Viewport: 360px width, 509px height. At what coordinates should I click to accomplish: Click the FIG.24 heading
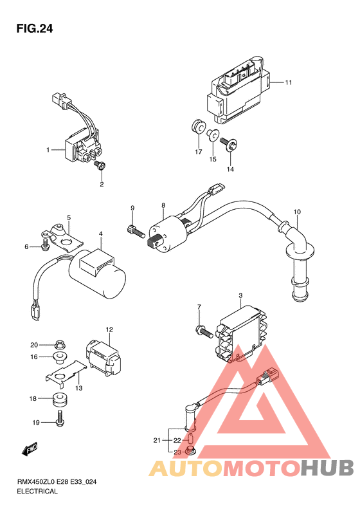pos(34,29)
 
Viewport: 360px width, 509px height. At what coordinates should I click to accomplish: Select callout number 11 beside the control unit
pos(289,82)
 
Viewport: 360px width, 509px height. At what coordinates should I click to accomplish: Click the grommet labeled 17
pos(197,127)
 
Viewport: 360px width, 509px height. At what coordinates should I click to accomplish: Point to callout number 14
pos(230,169)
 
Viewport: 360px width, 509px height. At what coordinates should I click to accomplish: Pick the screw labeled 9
pos(136,232)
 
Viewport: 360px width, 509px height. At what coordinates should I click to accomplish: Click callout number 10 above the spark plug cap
pos(297,212)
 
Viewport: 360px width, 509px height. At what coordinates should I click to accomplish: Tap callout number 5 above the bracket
pos(69,217)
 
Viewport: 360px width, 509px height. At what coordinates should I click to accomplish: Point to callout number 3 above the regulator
pos(240,295)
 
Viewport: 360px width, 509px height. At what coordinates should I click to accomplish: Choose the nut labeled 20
pos(59,344)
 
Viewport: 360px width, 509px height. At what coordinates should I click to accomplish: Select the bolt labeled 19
pos(60,419)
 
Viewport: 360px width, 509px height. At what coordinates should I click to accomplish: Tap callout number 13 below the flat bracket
pos(79,388)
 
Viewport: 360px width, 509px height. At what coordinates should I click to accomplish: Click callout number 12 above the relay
pos(109,329)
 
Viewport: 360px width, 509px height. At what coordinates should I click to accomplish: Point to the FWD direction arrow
pos(29,449)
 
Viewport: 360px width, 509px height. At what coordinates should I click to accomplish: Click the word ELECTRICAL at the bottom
pos(37,491)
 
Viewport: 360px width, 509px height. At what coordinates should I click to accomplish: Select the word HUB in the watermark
pos(327,468)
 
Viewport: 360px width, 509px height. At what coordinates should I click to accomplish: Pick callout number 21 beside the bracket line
pos(157,441)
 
